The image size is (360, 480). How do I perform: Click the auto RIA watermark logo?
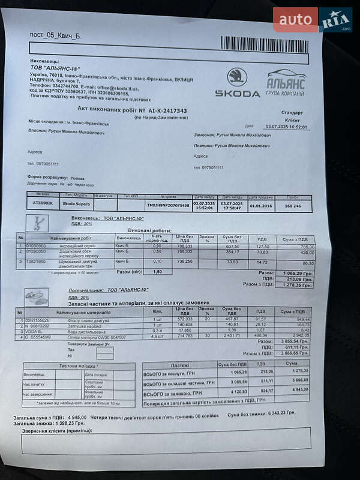pyautogui.click(x=312, y=20)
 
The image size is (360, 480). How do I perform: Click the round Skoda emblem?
pyautogui.click(x=237, y=77)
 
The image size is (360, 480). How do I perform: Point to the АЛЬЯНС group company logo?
pyautogui.click(x=286, y=83)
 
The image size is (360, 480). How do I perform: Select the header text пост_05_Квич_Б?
pyautogui.click(x=55, y=35)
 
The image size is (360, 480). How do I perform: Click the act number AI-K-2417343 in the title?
pyautogui.click(x=166, y=111)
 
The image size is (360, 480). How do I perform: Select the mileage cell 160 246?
pyautogui.click(x=293, y=205)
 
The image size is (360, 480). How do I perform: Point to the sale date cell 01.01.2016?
pyautogui.click(x=261, y=205)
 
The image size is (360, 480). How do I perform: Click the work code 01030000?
pyautogui.click(x=35, y=246)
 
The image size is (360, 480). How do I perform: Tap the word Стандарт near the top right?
pyautogui.click(x=292, y=112)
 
